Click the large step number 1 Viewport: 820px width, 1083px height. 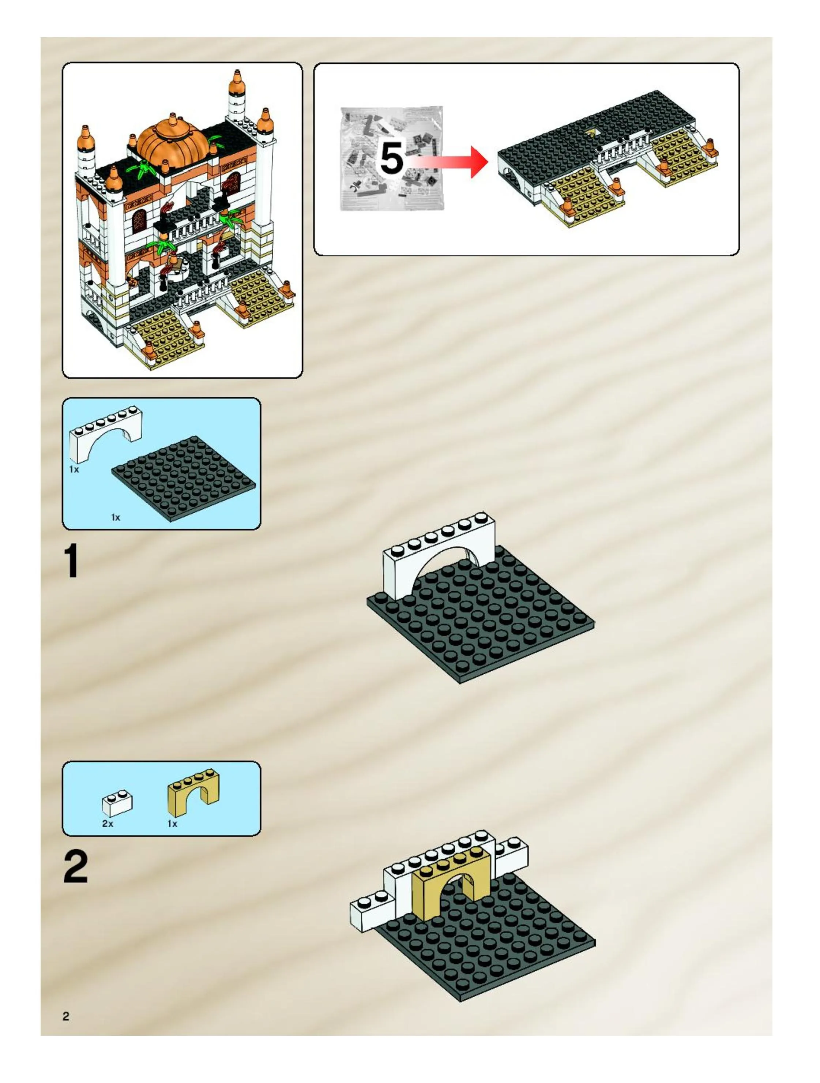71,562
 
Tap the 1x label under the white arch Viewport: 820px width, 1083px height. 74,469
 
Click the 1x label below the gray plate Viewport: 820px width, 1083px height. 116,517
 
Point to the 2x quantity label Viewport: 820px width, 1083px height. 108,824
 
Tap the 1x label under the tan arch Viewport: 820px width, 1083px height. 172,824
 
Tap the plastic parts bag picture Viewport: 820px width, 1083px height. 392,158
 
